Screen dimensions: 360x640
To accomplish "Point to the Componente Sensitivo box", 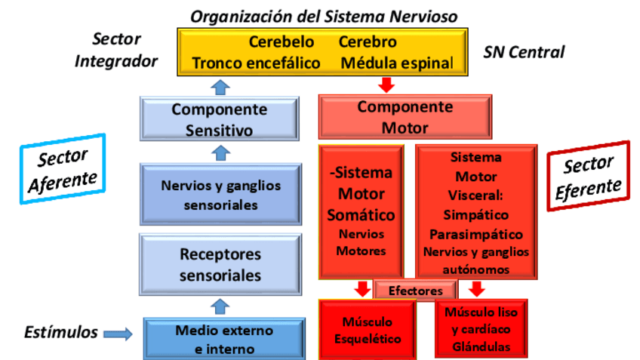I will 219,120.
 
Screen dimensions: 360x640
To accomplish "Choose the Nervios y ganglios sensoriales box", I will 220,195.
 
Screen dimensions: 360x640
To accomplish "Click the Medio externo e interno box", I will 225,340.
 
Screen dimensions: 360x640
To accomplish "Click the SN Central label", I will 524,52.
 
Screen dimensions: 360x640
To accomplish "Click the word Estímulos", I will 60,332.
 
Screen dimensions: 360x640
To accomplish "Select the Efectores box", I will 415,291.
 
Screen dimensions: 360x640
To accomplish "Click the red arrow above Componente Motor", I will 387,85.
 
